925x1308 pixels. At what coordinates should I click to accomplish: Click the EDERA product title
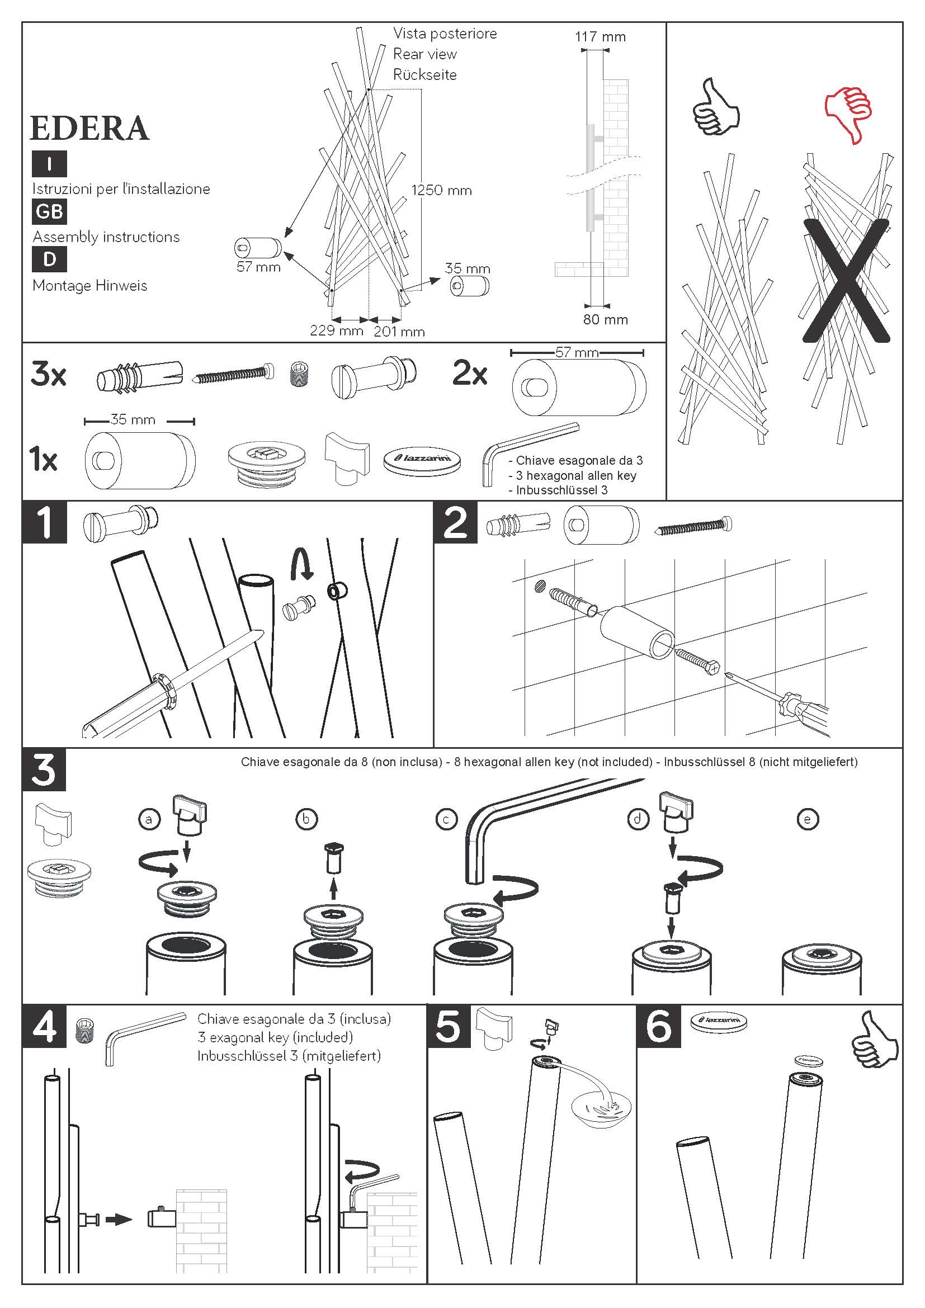[89, 128]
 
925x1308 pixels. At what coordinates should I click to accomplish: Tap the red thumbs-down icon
[849, 114]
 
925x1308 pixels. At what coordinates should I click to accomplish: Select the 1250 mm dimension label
[441, 190]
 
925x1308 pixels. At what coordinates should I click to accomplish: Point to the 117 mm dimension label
[600, 37]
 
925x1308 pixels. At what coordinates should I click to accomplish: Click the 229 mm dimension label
[336, 330]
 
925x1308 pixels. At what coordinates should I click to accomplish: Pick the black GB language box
[50, 211]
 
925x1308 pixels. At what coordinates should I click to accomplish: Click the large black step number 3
[44, 769]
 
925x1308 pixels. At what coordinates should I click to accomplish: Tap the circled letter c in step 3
[446, 819]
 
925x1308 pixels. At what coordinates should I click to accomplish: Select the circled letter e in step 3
[807, 819]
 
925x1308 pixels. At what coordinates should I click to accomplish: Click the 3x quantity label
[49, 374]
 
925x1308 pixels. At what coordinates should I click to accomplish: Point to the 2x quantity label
[470, 374]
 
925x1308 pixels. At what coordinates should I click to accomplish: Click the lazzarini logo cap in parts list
[422, 459]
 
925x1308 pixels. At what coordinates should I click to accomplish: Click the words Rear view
[425, 54]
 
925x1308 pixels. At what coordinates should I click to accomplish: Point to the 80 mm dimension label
[605, 320]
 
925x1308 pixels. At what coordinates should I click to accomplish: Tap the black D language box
[50, 259]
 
